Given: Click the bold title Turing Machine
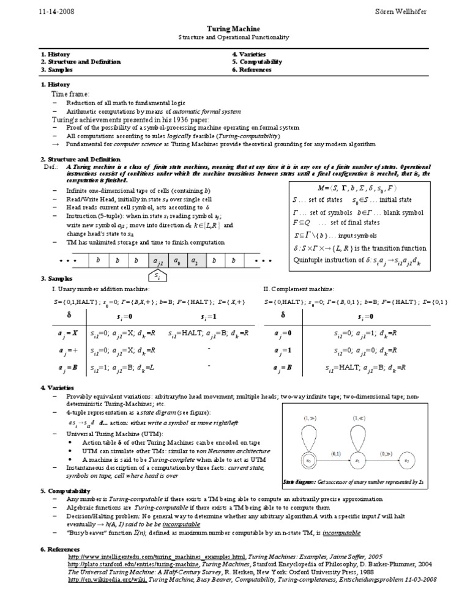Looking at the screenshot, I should (235, 29).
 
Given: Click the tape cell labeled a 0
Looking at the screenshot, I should (177, 261).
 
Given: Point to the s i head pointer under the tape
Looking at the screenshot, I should (158, 276).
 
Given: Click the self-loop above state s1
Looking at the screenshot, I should (358, 436).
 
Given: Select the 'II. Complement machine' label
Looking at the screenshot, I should (299, 288).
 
